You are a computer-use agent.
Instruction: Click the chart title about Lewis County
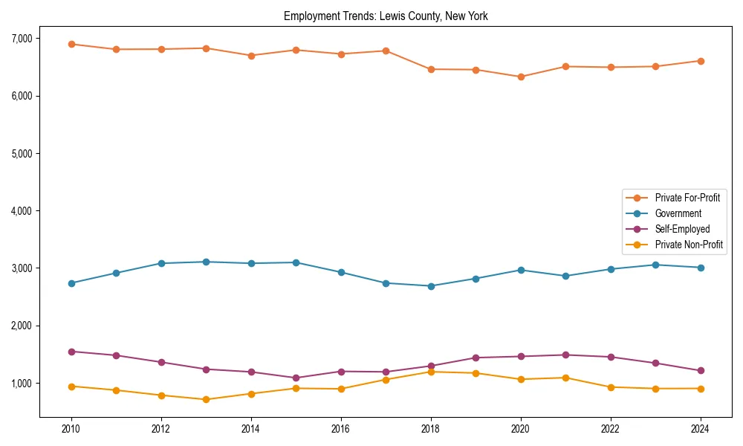tap(386, 16)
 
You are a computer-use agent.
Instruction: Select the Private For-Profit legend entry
tap(687, 198)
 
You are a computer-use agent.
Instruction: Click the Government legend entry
tap(678, 213)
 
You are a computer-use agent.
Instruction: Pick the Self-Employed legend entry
tap(682, 229)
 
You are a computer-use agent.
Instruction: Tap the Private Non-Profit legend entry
tap(689, 245)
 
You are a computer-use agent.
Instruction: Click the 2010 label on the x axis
tap(71, 429)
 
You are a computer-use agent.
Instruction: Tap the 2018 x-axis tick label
tap(430, 429)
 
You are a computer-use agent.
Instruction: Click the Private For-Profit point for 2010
tap(71, 44)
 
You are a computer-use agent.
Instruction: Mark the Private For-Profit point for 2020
tap(521, 77)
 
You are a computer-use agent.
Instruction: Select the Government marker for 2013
tap(206, 262)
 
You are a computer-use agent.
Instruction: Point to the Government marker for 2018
tap(431, 286)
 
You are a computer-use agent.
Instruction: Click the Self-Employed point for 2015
tap(296, 378)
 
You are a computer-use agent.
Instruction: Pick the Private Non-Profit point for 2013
tap(206, 399)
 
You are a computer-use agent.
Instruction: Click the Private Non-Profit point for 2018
tap(431, 372)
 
